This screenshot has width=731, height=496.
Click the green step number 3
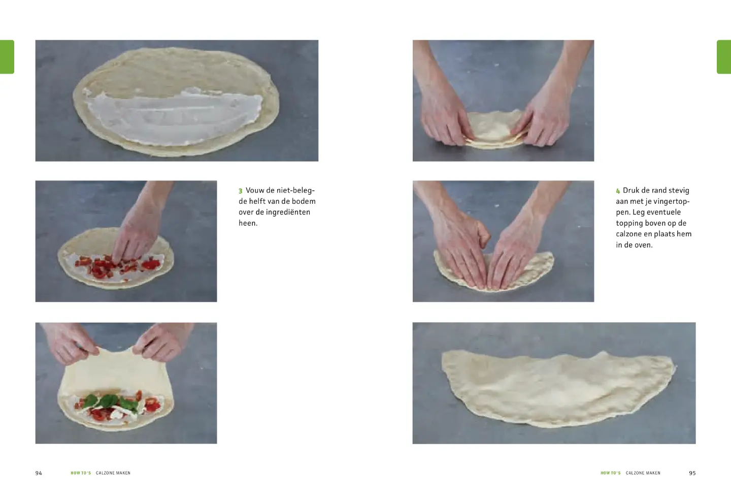tap(241, 191)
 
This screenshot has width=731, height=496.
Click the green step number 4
tap(618, 191)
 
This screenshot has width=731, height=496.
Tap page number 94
tap(39, 473)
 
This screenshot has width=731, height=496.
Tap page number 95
tap(692, 473)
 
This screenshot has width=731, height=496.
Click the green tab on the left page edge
tap(7, 57)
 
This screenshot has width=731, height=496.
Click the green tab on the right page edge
tap(724, 57)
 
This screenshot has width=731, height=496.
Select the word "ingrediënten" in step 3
tap(288, 212)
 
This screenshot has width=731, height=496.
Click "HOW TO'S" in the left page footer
tap(81, 473)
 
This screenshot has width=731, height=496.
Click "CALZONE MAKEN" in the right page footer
tap(643, 473)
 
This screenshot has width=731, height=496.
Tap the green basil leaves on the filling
tap(109, 401)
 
